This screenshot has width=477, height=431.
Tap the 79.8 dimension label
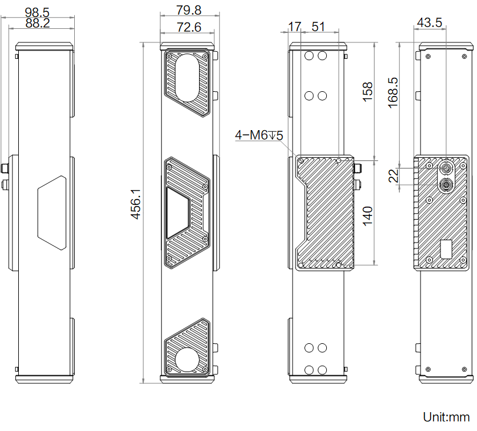[188, 11]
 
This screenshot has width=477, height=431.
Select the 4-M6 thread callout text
[259, 136]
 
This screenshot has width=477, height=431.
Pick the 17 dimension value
[294, 26]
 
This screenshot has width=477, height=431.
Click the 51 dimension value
[318, 26]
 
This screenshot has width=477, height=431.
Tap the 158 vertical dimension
[367, 92]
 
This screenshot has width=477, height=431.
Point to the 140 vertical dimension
[367, 216]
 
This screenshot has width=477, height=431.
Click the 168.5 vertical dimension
[393, 92]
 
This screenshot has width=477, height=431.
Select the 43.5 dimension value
[430, 23]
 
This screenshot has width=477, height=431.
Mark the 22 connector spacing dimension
[393, 176]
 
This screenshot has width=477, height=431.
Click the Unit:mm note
[446, 417]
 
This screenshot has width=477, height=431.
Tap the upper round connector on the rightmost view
[445, 169]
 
